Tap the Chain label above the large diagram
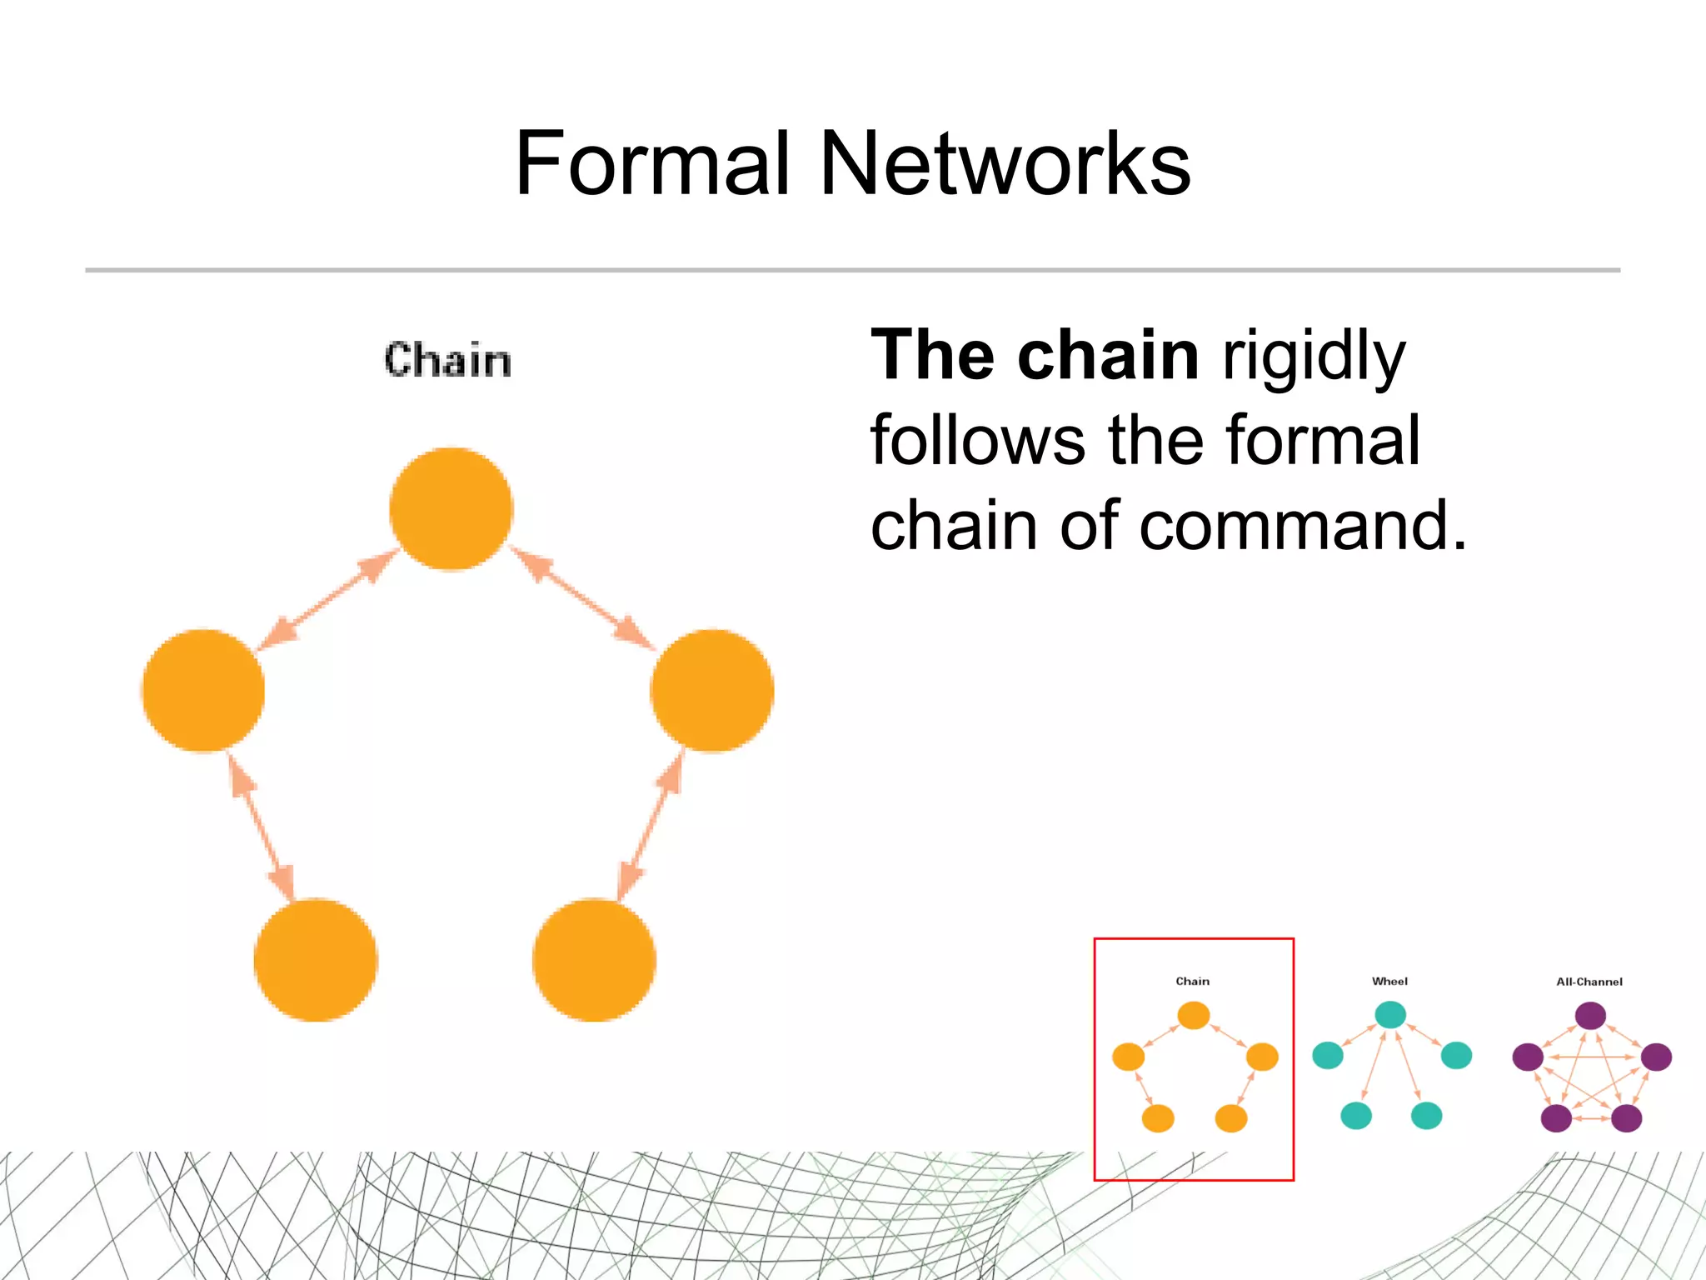coord(447,361)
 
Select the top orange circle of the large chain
coord(451,509)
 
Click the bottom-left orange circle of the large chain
coord(316,960)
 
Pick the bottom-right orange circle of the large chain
coord(594,960)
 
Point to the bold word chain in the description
coord(1108,356)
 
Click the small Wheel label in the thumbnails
coord(1389,982)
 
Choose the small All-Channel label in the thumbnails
coord(1589,982)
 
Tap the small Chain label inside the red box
coord(1192,982)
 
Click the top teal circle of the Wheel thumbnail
coord(1390,1015)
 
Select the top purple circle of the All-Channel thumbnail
coord(1590,1016)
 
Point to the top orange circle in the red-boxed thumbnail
coord(1193,1016)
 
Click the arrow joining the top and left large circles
coord(327,599)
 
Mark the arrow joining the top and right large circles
coord(582,599)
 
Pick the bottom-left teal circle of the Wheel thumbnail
coord(1356,1115)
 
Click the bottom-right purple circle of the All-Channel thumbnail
coord(1626,1118)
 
